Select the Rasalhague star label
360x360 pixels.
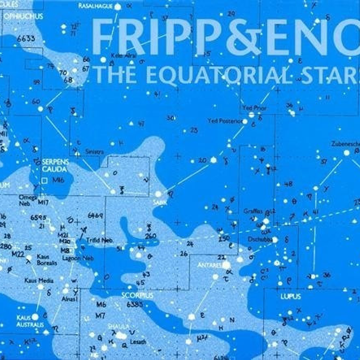(95, 6)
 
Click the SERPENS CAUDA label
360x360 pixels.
(55, 165)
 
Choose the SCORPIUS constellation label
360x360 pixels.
(137, 296)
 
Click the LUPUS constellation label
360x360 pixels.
(291, 297)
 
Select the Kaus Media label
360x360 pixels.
(39, 280)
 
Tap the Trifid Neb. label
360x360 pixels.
(99, 240)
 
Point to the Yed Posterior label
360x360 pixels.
(225, 121)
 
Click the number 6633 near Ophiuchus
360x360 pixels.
(26, 39)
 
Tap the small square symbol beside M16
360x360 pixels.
(45, 181)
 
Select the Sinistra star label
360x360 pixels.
(94, 152)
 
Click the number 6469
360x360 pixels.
(95, 215)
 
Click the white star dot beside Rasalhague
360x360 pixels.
(118, 6)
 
